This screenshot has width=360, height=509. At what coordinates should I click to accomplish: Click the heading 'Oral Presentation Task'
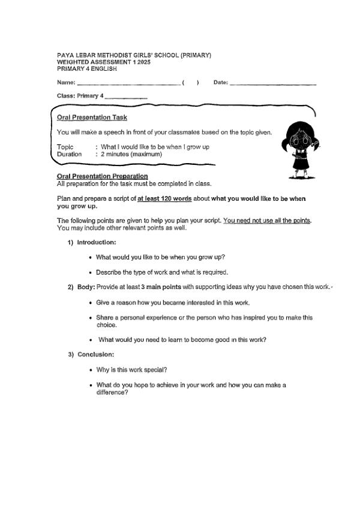point(92,118)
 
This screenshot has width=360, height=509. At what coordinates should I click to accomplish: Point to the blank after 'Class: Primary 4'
point(126,96)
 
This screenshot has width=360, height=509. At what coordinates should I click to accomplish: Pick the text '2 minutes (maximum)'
point(131,154)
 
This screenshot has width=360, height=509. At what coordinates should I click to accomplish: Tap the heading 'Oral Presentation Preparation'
point(102,176)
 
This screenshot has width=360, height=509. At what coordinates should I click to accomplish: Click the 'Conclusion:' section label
point(95,354)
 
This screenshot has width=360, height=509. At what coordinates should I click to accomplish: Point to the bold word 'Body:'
point(86,287)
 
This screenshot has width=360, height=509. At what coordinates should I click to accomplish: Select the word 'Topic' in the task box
point(65,147)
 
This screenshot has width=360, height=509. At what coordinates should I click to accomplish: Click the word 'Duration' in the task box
point(69,154)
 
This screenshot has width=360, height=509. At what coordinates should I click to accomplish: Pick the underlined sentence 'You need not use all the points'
point(266,221)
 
